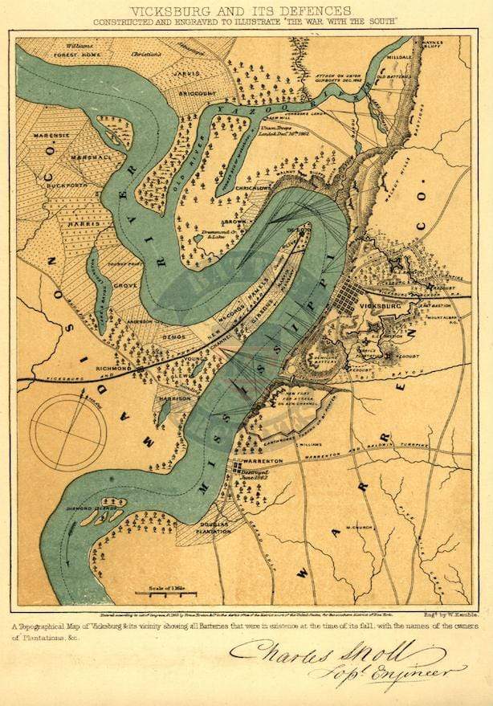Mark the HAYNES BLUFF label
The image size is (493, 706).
[454, 46]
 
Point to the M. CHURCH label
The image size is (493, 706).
[354, 528]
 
